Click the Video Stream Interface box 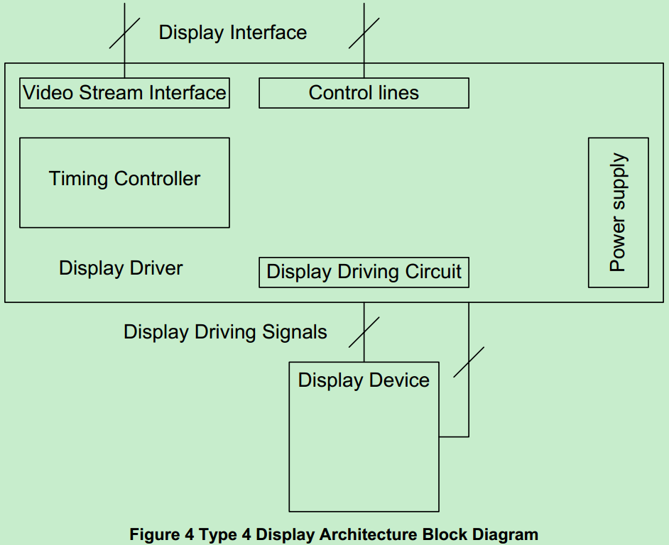[x=124, y=93]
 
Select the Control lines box [x=364, y=93]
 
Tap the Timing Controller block [x=124, y=182]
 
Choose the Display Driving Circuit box [x=364, y=272]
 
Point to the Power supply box [x=618, y=212]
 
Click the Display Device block [x=364, y=436]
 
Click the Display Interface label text [x=233, y=33]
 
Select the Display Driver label [x=121, y=268]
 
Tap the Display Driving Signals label [x=225, y=332]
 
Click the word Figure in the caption [x=153, y=534]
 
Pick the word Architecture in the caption [x=370, y=534]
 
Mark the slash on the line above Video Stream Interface [x=124, y=33]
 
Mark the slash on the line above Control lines [x=364, y=33]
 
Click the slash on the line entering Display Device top [x=364, y=332]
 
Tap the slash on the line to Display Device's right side [x=469, y=362]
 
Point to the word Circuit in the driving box [x=433, y=272]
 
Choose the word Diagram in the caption [x=506, y=534]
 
